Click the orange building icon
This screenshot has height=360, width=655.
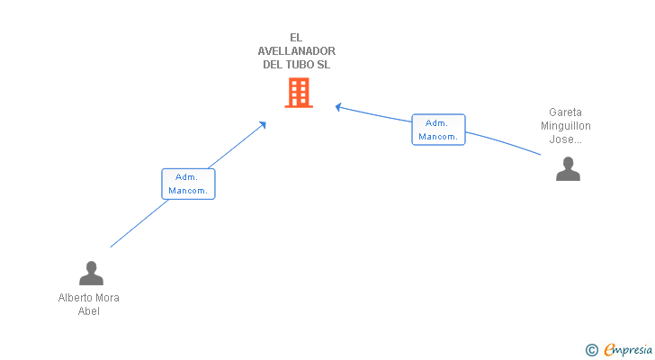299,93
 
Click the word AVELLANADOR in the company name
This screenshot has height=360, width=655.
297,51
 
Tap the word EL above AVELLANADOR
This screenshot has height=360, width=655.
297,38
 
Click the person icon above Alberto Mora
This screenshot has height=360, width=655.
91,273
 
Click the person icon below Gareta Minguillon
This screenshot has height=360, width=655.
568,169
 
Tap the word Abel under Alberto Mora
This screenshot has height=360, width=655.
89,311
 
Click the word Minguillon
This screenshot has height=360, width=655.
566,126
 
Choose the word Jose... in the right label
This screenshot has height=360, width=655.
566,139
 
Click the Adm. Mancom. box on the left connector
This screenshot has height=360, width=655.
189,184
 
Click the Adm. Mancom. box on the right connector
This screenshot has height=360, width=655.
438,130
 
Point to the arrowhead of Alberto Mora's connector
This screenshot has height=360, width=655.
263,124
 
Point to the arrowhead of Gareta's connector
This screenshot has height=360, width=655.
338,107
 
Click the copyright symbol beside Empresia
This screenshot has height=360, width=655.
591,350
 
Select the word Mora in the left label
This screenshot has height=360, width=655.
107,298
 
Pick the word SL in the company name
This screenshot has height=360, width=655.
325,65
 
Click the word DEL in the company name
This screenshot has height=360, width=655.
273,65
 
